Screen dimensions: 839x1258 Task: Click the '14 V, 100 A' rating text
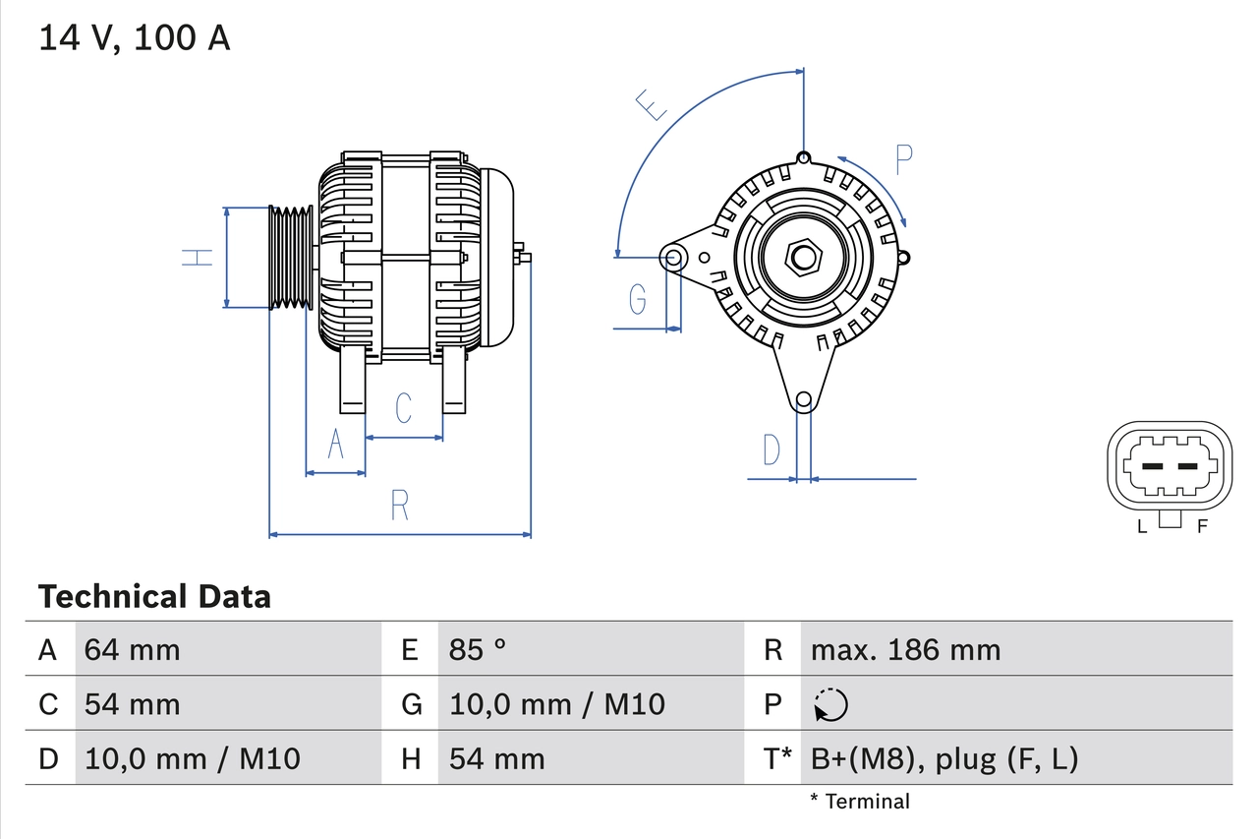point(134,38)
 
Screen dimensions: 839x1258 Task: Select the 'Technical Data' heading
point(153,596)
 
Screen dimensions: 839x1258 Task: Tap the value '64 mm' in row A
point(132,649)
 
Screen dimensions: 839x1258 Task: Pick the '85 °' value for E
point(478,649)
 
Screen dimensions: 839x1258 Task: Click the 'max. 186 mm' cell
point(905,649)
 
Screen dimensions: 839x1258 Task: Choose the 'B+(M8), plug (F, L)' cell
point(943,758)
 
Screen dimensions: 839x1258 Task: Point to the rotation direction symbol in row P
point(830,704)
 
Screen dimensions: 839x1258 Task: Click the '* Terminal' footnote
point(860,802)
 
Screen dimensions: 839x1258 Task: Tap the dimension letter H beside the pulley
point(198,258)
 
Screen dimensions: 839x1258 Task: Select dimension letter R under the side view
point(399,505)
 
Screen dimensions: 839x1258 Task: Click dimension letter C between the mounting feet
point(403,407)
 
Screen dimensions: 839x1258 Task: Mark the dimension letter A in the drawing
point(335,445)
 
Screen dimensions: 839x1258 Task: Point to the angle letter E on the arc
point(653,104)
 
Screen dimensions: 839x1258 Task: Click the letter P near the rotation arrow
point(904,159)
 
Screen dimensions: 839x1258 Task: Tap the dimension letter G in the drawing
point(638,298)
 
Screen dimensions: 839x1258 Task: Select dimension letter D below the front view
point(772,449)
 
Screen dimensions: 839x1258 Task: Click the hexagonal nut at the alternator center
point(804,259)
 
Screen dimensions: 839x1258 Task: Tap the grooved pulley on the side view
point(291,258)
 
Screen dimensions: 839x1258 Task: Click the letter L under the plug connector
point(1141,526)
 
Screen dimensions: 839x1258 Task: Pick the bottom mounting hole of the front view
point(804,399)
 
